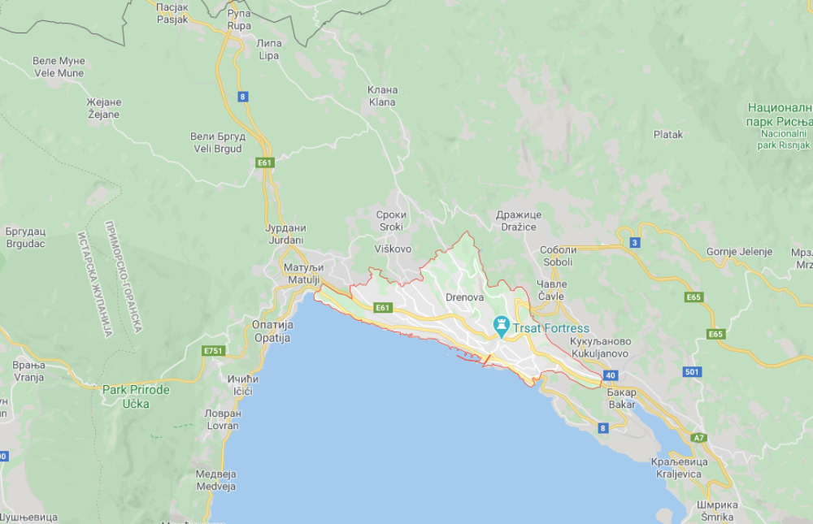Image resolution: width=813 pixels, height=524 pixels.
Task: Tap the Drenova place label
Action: (465, 297)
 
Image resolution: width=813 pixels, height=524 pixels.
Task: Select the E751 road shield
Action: (213, 351)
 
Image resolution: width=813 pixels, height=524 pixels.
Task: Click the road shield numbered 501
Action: (691, 372)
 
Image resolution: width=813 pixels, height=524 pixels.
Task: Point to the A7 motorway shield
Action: (698, 438)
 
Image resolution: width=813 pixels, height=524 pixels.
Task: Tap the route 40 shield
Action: (610, 375)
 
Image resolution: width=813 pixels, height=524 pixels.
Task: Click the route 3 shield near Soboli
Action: (634, 242)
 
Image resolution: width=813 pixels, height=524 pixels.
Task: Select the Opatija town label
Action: (272, 331)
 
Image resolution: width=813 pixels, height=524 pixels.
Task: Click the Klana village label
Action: (382, 96)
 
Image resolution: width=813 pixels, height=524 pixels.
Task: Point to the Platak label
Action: (668, 135)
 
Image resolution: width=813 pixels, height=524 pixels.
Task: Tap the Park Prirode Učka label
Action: (136, 396)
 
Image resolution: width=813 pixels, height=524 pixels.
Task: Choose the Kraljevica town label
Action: (679, 468)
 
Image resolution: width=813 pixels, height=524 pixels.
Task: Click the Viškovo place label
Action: (393, 249)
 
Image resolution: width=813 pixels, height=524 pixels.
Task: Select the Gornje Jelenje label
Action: (739, 252)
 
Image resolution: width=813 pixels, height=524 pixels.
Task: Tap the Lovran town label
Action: (223, 419)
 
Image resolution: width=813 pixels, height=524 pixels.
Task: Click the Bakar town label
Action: (622, 398)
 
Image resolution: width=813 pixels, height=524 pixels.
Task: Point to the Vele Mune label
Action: (59, 67)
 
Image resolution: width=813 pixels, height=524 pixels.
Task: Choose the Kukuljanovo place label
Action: (601, 348)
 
